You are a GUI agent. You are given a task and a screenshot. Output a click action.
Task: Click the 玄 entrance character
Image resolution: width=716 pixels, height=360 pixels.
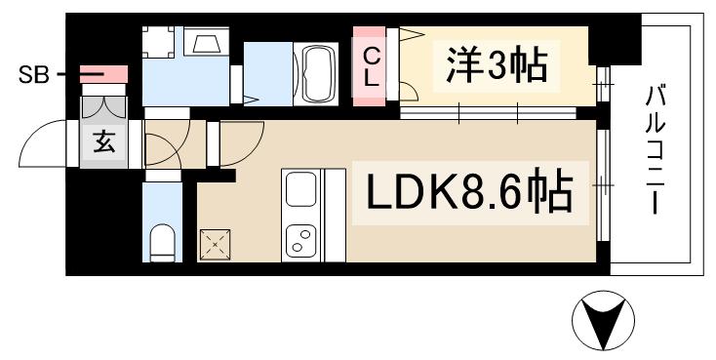coord(102,143)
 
